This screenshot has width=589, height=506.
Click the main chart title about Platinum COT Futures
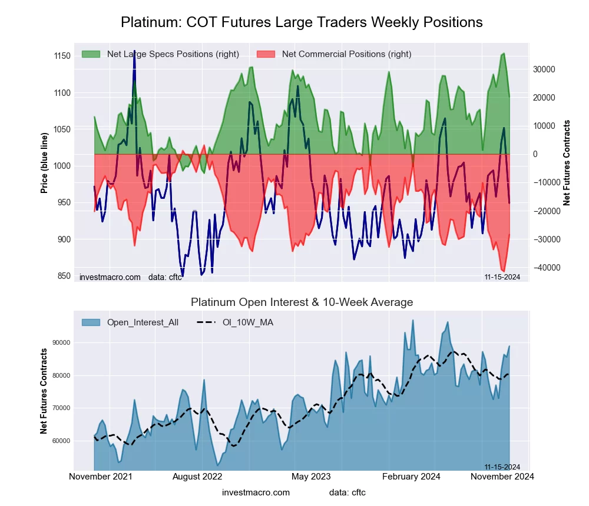302,22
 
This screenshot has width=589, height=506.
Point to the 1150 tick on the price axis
61,56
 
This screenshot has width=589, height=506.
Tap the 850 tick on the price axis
62,276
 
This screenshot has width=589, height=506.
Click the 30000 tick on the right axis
544,69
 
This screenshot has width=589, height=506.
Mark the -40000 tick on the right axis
543,268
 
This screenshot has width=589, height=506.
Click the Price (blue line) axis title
44,162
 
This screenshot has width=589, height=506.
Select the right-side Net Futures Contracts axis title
567,162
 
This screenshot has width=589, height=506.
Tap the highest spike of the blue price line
134,52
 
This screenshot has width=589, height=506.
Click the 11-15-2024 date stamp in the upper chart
502,277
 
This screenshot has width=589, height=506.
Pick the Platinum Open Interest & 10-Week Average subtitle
302,302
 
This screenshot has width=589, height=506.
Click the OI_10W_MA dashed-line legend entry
247,322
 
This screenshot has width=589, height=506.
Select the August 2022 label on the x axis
201,476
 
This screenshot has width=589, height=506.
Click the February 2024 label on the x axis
411,476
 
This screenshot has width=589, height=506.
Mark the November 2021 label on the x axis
101,476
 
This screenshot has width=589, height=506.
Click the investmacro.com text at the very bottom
256,492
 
